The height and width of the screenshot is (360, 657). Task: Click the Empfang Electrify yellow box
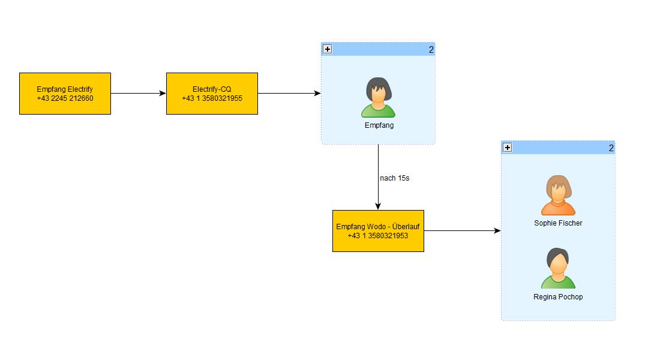(65, 94)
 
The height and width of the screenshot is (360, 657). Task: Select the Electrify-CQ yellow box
(212, 94)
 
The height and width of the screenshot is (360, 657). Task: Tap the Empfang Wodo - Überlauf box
(379, 231)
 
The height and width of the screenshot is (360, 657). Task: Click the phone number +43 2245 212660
(65, 98)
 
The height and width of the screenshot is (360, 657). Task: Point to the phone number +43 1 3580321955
(212, 98)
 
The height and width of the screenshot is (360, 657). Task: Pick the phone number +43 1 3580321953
(378, 236)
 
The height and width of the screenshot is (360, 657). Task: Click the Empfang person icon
(379, 98)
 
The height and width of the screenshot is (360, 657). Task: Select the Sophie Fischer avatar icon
(558, 195)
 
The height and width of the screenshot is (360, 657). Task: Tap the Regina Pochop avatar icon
(558, 268)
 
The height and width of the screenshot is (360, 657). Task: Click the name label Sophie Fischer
(558, 223)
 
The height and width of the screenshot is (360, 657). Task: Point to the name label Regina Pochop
(558, 297)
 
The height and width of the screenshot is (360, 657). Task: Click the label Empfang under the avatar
(379, 125)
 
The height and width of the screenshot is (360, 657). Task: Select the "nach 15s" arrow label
(395, 178)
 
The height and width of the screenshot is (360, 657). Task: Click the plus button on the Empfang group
(328, 49)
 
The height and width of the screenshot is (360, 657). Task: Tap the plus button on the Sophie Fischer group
(508, 148)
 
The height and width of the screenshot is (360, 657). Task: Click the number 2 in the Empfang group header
(431, 50)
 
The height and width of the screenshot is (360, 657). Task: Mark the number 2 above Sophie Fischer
(611, 148)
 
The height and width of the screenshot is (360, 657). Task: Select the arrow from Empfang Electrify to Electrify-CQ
(139, 94)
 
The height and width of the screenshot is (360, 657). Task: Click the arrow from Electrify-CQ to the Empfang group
(290, 94)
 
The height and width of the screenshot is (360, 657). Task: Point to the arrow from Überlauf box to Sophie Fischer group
(463, 230)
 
